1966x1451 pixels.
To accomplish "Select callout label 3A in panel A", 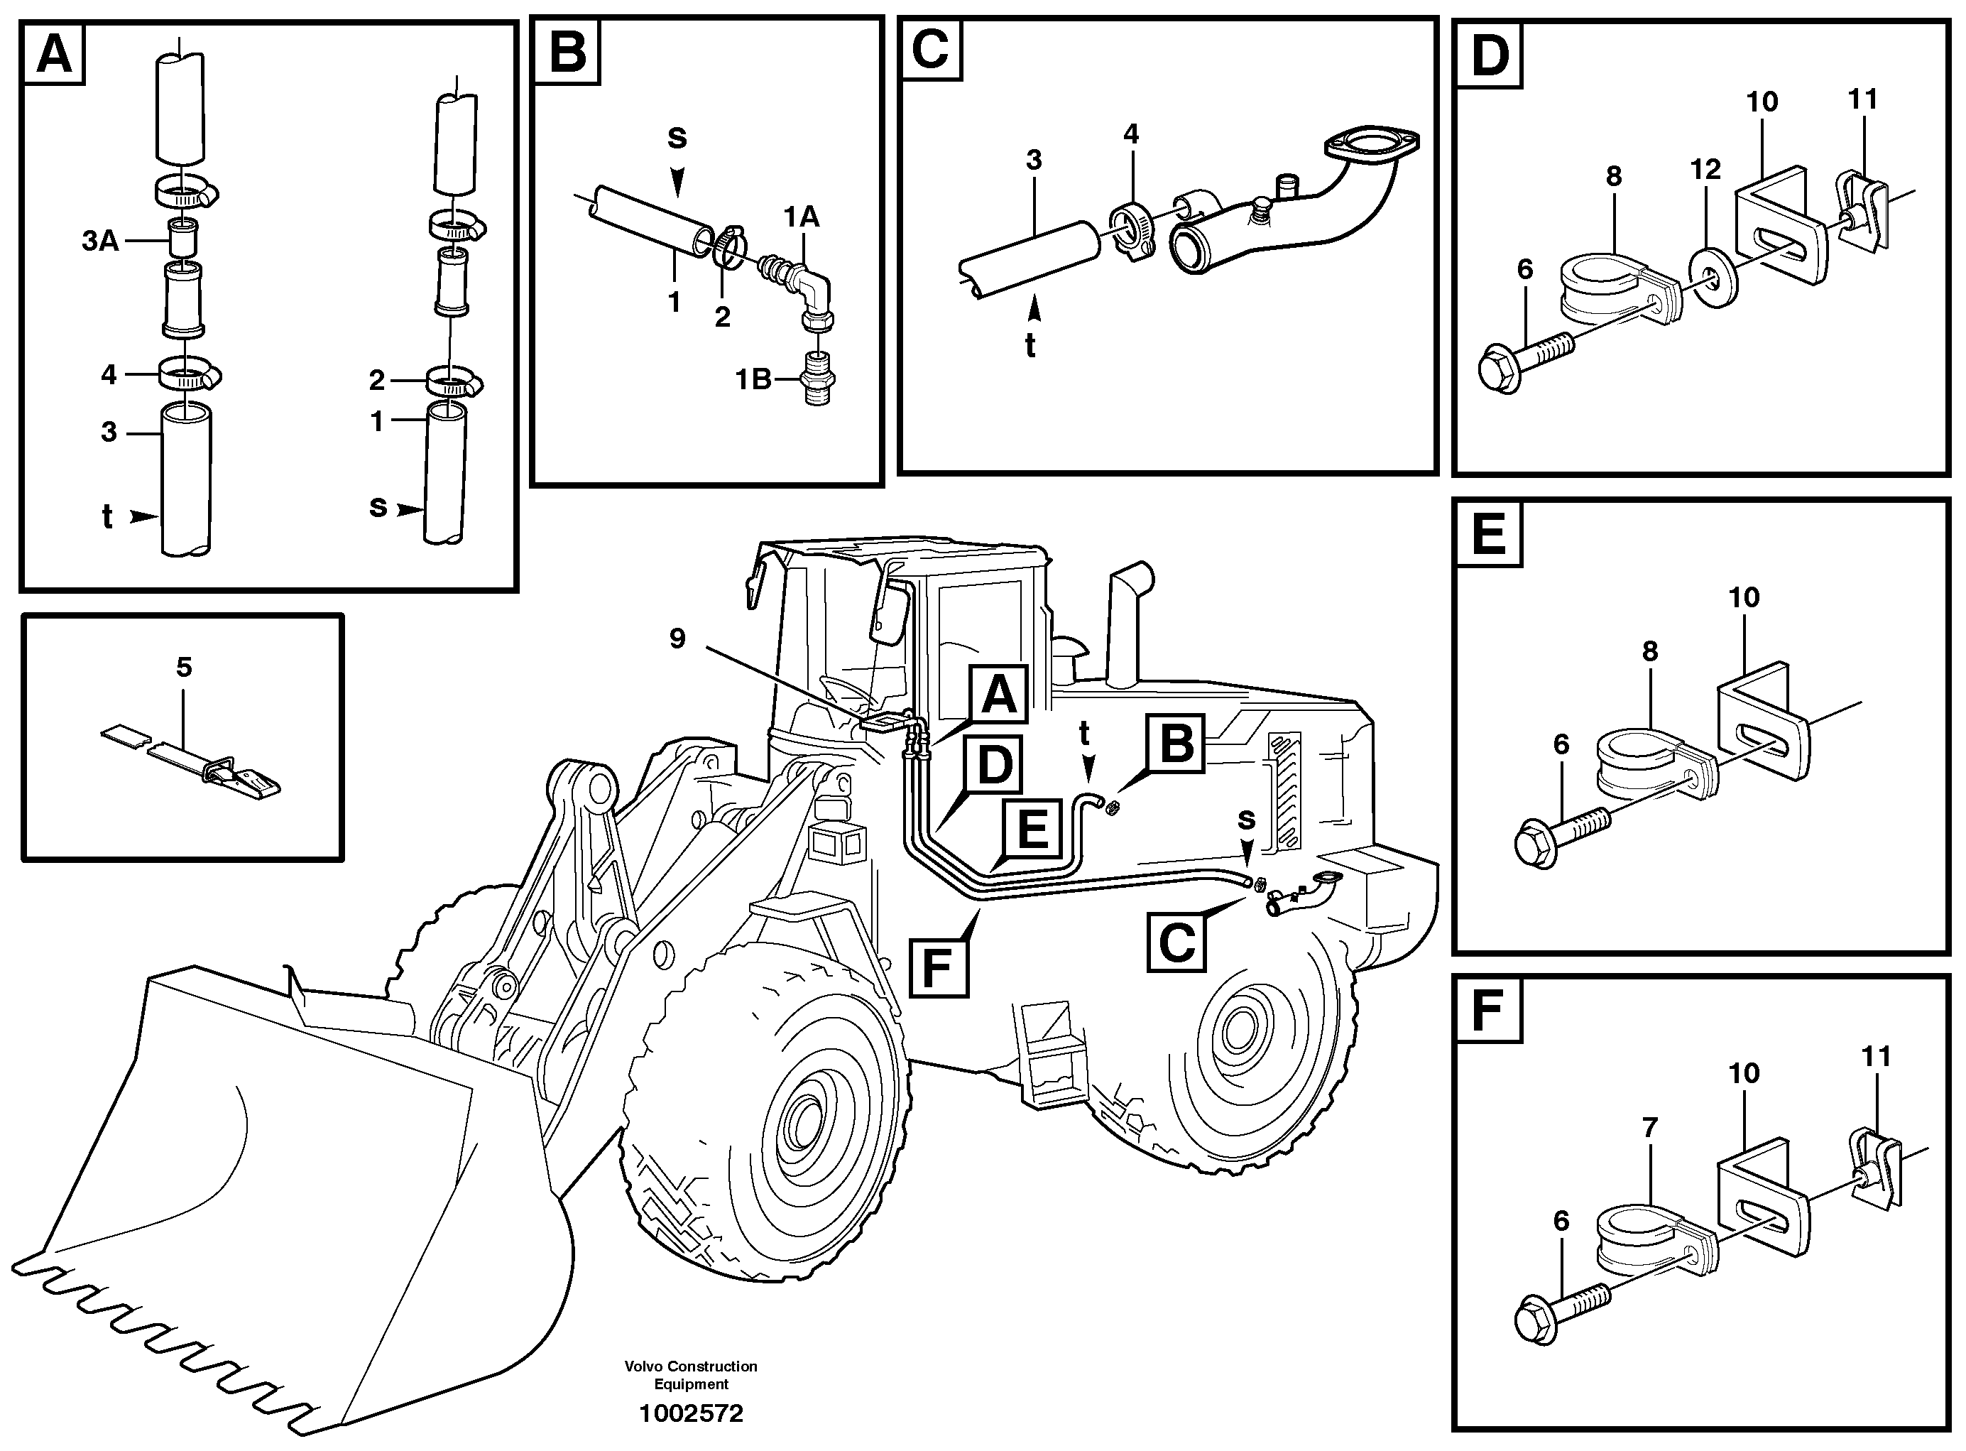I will point(100,241).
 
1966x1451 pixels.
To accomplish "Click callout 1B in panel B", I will point(753,379).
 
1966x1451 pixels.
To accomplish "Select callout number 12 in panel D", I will point(1705,170).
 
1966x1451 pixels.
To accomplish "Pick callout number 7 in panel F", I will point(1649,1127).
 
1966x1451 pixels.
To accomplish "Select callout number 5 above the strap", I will point(183,667).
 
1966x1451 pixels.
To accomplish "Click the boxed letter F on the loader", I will point(939,967).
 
